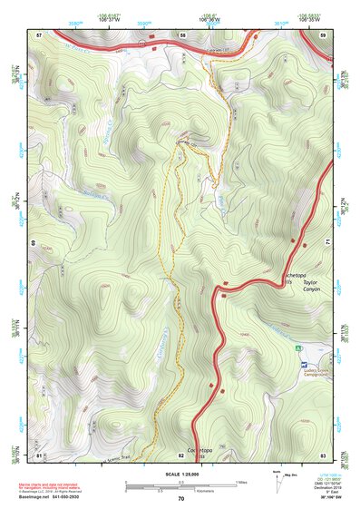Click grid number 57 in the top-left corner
pos(39,34)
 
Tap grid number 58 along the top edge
pos(182,34)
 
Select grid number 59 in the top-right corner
pos(322,34)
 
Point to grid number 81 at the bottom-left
pos(39,454)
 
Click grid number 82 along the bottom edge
pos(181,454)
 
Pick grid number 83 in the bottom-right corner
pos(322,454)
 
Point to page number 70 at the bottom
pos(180,498)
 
